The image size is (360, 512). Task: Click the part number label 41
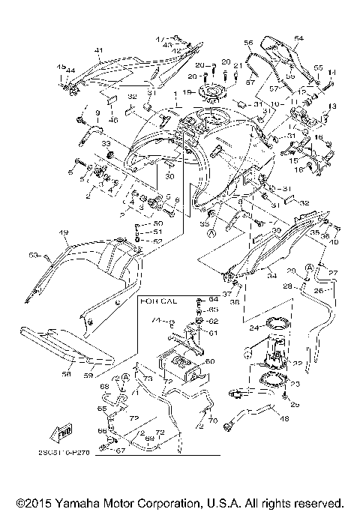tap(98, 50)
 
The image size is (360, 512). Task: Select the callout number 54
tap(298, 37)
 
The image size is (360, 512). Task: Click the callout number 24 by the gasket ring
tap(253, 328)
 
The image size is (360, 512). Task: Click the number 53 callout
tap(33, 256)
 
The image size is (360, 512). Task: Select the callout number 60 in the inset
tap(209, 361)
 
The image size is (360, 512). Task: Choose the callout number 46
tap(114, 120)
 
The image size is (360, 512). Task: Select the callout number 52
tap(157, 241)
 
